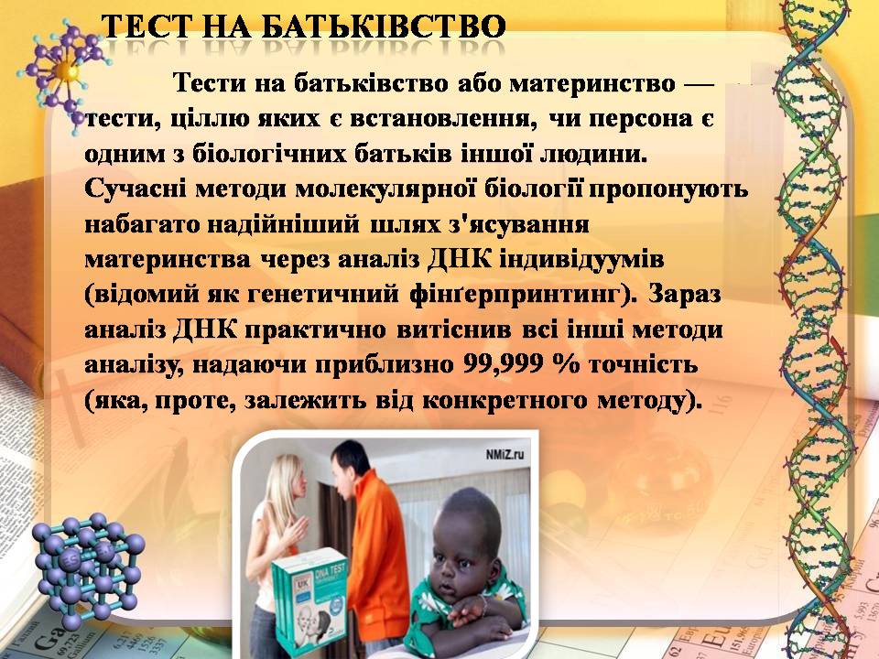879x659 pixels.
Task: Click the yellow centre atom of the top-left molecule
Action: tap(65, 68)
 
